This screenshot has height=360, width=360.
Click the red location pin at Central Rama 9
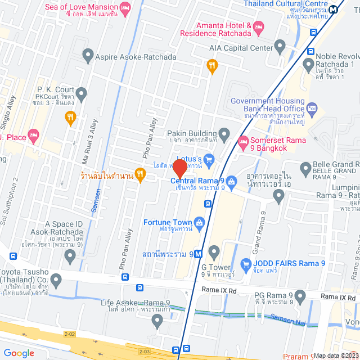point(179,168)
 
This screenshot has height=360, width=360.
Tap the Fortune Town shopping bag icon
point(200,223)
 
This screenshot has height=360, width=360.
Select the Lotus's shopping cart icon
point(209,160)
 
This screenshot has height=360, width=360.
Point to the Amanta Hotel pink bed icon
point(258,26)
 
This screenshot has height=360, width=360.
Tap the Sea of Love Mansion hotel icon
point(125,7)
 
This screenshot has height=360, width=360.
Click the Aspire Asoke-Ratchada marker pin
point(87,55)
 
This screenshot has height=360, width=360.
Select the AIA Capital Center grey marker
point(280,46)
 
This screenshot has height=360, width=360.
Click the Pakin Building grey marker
point(224,133)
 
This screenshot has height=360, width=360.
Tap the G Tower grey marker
point(213,250)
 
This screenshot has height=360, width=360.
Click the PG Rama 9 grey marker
point(300,295)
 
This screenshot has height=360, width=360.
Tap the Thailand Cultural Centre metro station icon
point(334,8)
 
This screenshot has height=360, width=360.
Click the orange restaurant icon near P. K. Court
point(70,117)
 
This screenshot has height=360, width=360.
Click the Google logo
point(19,353)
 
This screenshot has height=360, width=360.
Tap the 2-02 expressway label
point(69,334)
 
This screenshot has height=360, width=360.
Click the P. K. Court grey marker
point(82,93)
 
